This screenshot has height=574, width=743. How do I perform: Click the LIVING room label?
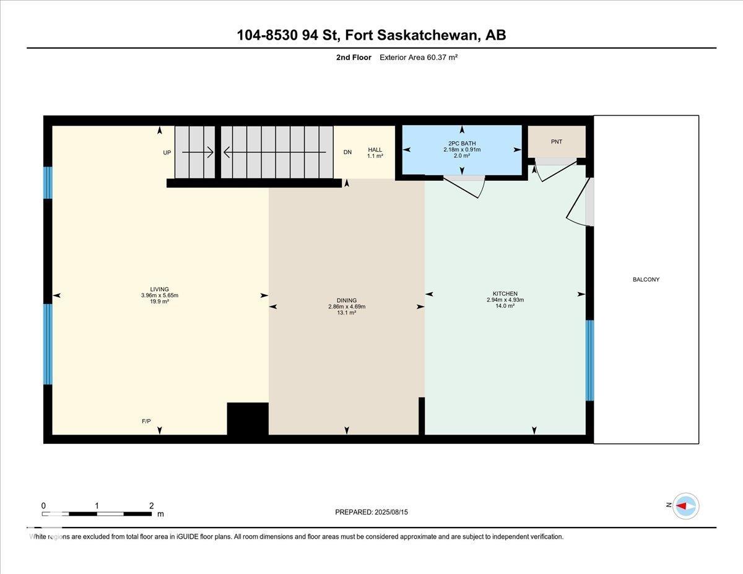point(159,289)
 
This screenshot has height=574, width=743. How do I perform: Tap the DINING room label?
point(346,300)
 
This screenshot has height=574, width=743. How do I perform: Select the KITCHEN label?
point(505,294)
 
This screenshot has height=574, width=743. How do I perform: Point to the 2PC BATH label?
point(462,144)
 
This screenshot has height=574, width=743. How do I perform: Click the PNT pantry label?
point(557,142)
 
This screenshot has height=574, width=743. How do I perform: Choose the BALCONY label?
point(646,280)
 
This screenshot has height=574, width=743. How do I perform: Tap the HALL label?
point(375,150)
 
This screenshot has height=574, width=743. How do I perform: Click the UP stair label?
point(167,153)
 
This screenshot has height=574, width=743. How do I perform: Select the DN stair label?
point(347,152)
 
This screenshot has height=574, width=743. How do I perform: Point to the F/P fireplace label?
point(146,421)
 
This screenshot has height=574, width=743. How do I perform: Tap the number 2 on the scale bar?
point(152,505)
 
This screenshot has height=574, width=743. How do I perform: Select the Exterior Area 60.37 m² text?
point(419,58)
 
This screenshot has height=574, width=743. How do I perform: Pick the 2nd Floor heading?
point(354,58)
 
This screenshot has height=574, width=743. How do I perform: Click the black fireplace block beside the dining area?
point(248,419)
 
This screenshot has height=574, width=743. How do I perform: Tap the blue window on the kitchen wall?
point(590,360)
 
